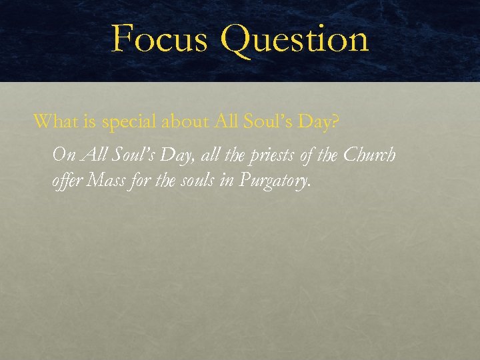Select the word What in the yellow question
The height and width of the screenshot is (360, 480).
pos(53,121)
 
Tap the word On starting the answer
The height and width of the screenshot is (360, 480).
pos(63,155)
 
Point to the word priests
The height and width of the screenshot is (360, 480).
pos(270,156)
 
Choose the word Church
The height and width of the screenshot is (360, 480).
pos(369,155)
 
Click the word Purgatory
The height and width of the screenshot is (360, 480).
pos(279,181)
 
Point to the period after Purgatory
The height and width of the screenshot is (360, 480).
pos(310,186)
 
